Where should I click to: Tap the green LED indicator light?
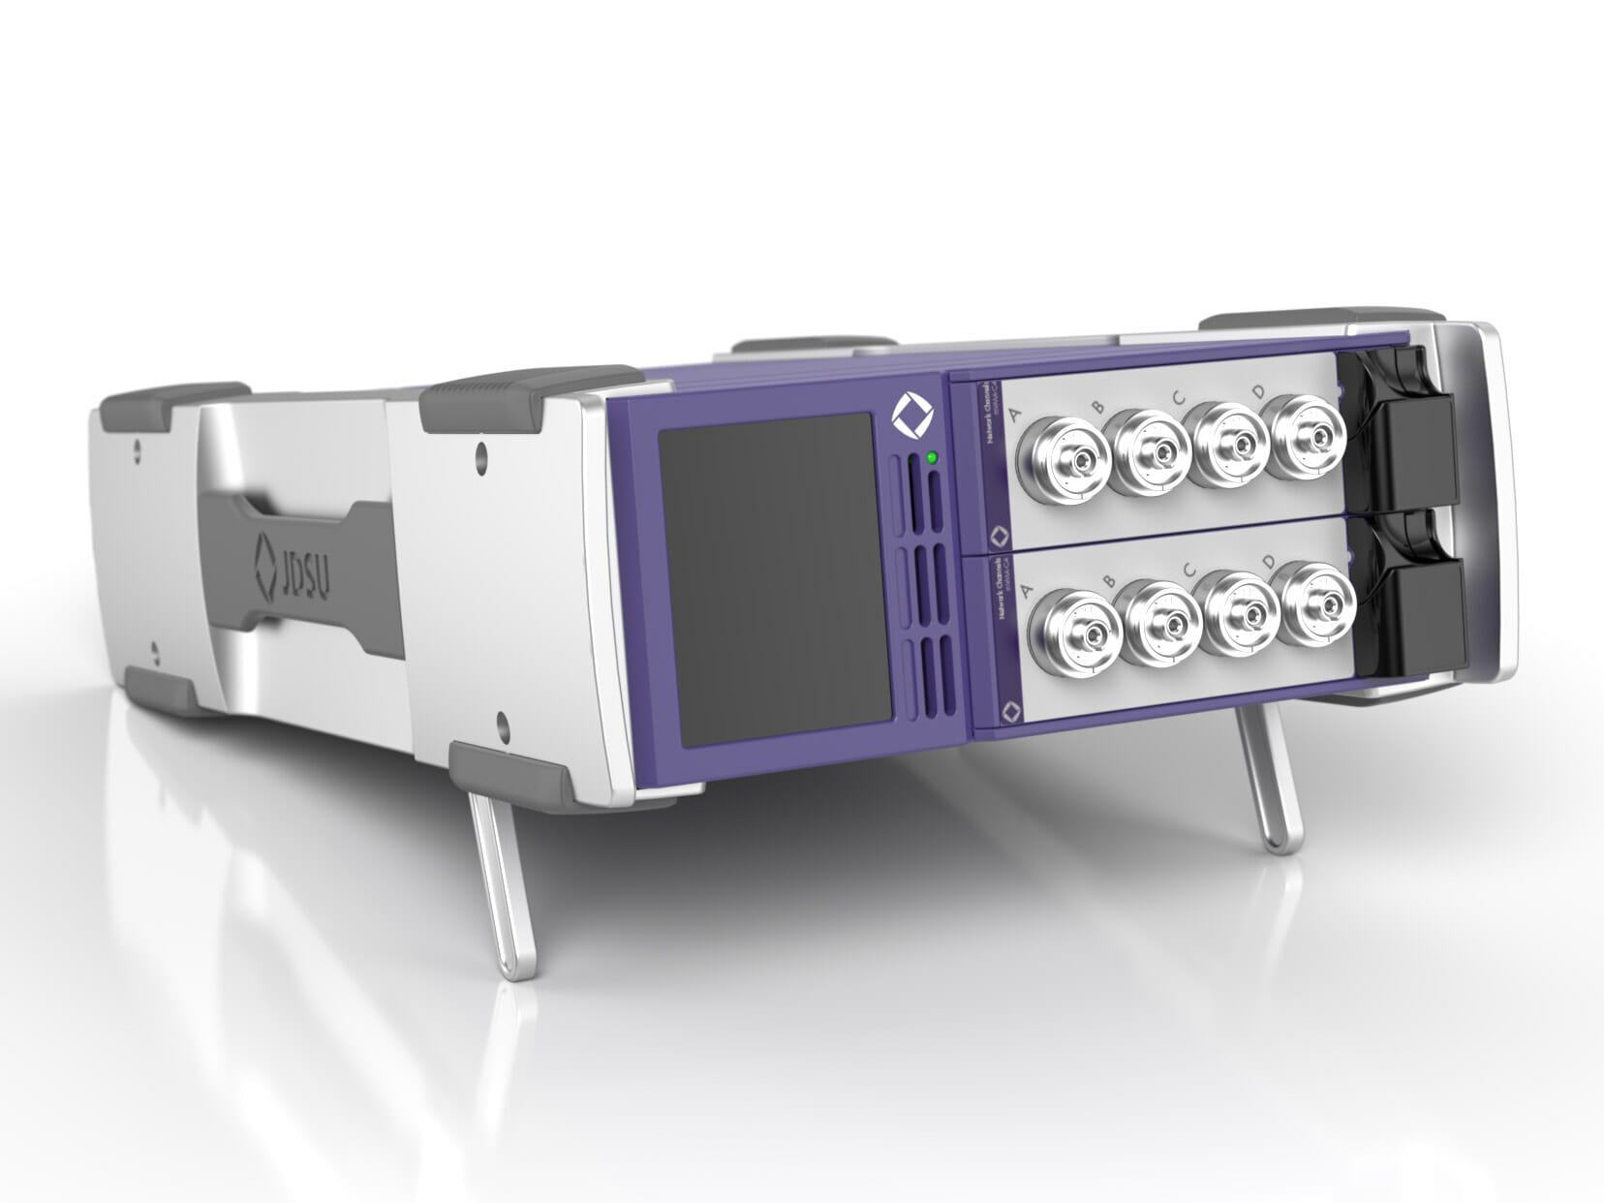point(931,457)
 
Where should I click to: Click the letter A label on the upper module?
point(1016,416)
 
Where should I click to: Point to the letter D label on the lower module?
point(1269,562)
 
